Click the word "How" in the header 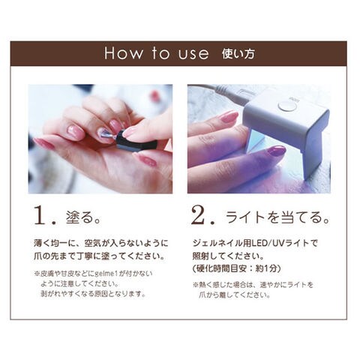pos(124,53)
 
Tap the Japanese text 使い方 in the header pos(238,54)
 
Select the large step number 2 pos(199,215)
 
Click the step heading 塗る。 pos(83,217)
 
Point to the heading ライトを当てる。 pos(277,217)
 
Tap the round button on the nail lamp pos(287,106)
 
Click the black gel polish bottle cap pos(137,141)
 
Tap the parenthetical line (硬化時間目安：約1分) pos(236,268)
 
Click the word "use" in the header pos(193,54)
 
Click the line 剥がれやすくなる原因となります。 pos(93,293)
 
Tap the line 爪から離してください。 pos(235,295)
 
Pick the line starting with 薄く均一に pos(100,243)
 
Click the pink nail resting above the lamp pos(229,116)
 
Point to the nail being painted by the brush pos(103,133)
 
